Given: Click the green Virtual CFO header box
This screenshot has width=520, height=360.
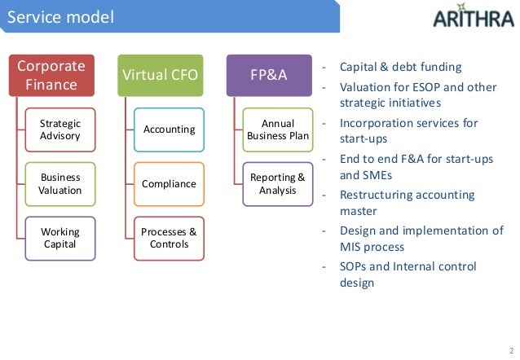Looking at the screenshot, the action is (x=161, y=76).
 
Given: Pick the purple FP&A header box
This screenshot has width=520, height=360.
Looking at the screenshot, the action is (x=269, y=76).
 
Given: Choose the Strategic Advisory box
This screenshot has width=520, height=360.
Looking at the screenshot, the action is (x=60, y=130).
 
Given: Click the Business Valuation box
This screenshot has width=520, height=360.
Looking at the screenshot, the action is (x=60, y=183).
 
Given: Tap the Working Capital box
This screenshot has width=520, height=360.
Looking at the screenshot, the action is (x=60, y=238).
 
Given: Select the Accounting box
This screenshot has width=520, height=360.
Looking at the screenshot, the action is (x=169, y=130).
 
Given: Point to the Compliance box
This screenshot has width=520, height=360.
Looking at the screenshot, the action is (x=169, y=183).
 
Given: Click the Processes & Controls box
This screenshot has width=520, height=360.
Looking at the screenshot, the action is (x=169, y=238).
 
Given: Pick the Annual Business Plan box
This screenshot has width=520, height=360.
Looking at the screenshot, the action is (x=278, y=130).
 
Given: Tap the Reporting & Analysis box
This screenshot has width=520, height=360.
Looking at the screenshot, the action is (x=278, y=183).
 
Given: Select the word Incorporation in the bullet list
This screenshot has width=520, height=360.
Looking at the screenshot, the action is (x=373, y=123).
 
